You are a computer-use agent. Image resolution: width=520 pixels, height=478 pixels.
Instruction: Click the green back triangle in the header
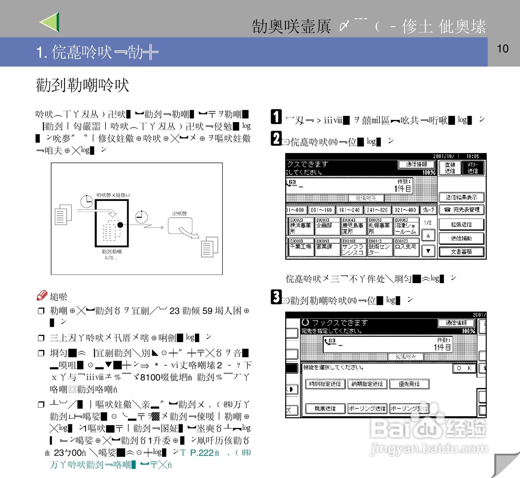(x=50, y=22)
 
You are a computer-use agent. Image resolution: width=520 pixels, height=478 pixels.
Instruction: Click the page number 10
(x=503, y=49)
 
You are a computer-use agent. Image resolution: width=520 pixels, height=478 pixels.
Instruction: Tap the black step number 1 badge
(x=276, y=117)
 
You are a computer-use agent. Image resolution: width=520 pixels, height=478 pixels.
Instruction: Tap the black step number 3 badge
(x=276, y=297)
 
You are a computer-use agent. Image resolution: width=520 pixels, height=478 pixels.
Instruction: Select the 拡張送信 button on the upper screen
(x=461, y=225)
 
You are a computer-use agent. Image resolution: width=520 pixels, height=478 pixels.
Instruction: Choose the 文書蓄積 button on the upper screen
(x=461, y=252)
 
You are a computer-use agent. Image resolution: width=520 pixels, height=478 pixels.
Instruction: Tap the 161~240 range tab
(x=349, y=210)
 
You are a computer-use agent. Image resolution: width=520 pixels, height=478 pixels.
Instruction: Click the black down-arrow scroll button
(x=428, y=251)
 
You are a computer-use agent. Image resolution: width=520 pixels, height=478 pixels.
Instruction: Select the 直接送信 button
(x=450, y=168)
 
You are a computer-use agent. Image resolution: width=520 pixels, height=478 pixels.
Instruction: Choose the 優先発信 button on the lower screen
(x=409, y=384)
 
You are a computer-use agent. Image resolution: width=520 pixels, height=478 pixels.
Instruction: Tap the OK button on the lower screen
(x=464, y=368)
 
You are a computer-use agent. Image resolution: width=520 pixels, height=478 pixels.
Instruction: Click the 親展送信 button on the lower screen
(x=325, y=408)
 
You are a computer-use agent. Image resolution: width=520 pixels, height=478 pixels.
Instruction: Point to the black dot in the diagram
(x=120, y=225)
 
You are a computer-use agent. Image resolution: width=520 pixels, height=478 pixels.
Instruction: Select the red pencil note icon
(x=42, y=296)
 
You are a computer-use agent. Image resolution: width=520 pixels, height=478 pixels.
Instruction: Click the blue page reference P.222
(x=202, y=453)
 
